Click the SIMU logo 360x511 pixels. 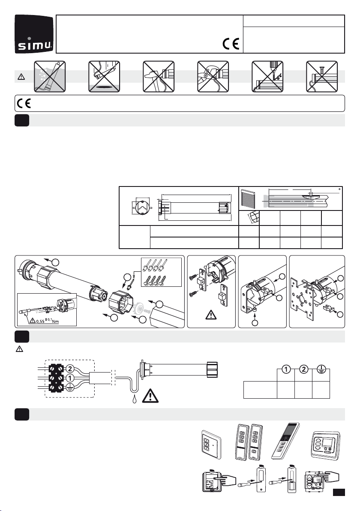pos(34,34)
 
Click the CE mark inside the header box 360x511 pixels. pos(231,44)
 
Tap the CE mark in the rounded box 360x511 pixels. pos(24,104)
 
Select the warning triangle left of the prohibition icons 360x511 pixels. pos(21,77)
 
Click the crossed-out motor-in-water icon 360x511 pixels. pos(50,77)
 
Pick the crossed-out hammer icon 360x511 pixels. pos(159,77)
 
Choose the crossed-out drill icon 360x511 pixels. pos(267,77)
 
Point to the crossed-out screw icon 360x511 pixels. pos(321,77)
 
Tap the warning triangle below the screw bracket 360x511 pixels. pos(211,315)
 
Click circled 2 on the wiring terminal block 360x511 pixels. pos(70,369)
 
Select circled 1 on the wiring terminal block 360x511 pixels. pos(70,379)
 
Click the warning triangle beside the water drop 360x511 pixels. pos(150,396)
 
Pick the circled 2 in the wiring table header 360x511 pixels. pos(303,369)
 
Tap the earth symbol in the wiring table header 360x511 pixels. pos(321,369)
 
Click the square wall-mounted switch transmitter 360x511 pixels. pos(212,445)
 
